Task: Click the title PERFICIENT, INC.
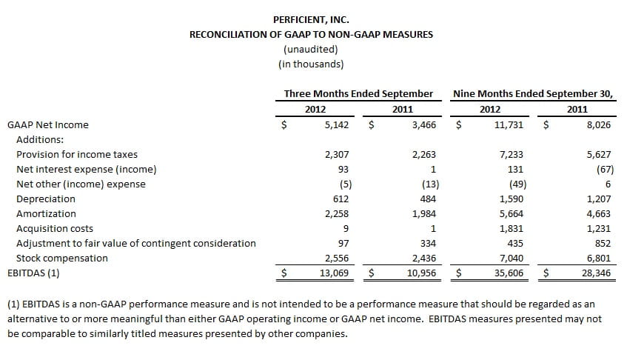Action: click(311, 19)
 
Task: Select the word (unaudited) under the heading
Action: click(311, 49)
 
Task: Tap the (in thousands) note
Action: click(311, 64)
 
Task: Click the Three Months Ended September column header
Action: click(358, 93)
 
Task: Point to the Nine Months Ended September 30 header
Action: click(533, 93)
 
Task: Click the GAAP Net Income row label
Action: click(48, 124)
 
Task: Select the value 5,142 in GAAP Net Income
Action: click(337, 124)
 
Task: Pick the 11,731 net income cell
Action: click(509, 124)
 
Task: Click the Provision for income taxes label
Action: click(77, 154)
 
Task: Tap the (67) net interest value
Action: click(605, 169)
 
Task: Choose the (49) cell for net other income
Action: click(518, 184)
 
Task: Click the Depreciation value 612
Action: click(341, 199)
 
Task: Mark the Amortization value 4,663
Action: click(599, 213)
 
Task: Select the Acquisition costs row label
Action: click(55, 228)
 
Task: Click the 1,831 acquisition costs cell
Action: click(512, 228)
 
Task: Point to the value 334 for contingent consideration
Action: click(428, 243)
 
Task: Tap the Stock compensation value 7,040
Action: click(512, 258)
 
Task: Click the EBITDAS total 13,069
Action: click(335, 273)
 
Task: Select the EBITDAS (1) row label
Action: click(33, 273)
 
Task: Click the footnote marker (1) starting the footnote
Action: click(13, 304)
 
